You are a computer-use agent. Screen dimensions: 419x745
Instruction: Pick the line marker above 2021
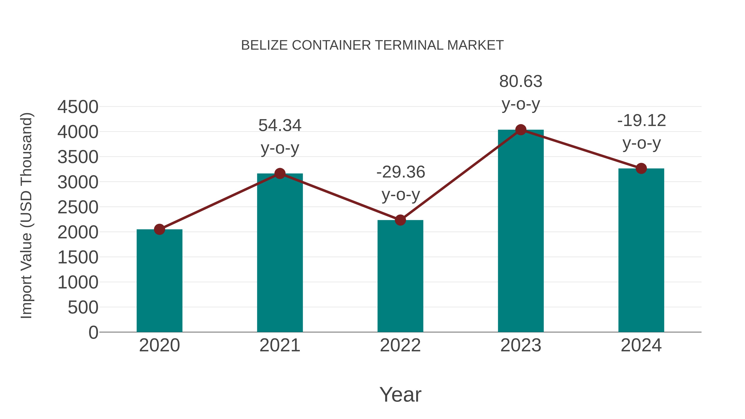point(280,174)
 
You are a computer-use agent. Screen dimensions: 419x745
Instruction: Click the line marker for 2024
point(641,168)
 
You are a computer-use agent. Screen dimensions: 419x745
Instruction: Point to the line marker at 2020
point(159,229)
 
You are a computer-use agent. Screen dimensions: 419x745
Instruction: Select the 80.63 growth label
point(521,82)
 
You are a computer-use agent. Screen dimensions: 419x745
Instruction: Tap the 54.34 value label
point(280,126)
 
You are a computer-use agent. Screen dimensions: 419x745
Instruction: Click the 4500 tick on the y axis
point(78,107)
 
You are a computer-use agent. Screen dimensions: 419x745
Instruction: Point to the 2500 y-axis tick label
point(78,207)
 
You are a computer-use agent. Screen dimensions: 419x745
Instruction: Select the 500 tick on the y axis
point(83,307)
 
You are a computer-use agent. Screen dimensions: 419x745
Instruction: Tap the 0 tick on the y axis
point(93,333)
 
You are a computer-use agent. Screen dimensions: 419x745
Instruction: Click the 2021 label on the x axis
point(280,345)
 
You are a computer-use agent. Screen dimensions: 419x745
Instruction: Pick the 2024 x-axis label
point(641,345)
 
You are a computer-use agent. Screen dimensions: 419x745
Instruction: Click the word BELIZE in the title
point(264,45)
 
